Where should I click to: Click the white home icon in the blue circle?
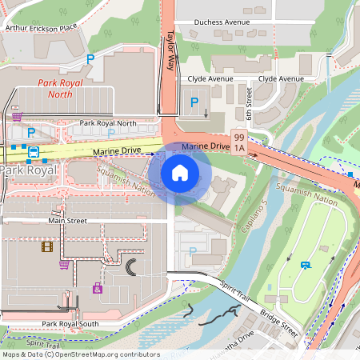180,172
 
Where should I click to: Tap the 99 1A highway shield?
238,142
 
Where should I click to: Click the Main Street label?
66,220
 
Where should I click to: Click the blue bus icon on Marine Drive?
34,151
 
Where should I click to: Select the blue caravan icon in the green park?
305,265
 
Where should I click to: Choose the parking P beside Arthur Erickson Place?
90,58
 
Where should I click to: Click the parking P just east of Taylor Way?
194,102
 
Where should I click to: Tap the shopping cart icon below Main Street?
63,264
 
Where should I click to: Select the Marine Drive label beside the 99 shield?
205,146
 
